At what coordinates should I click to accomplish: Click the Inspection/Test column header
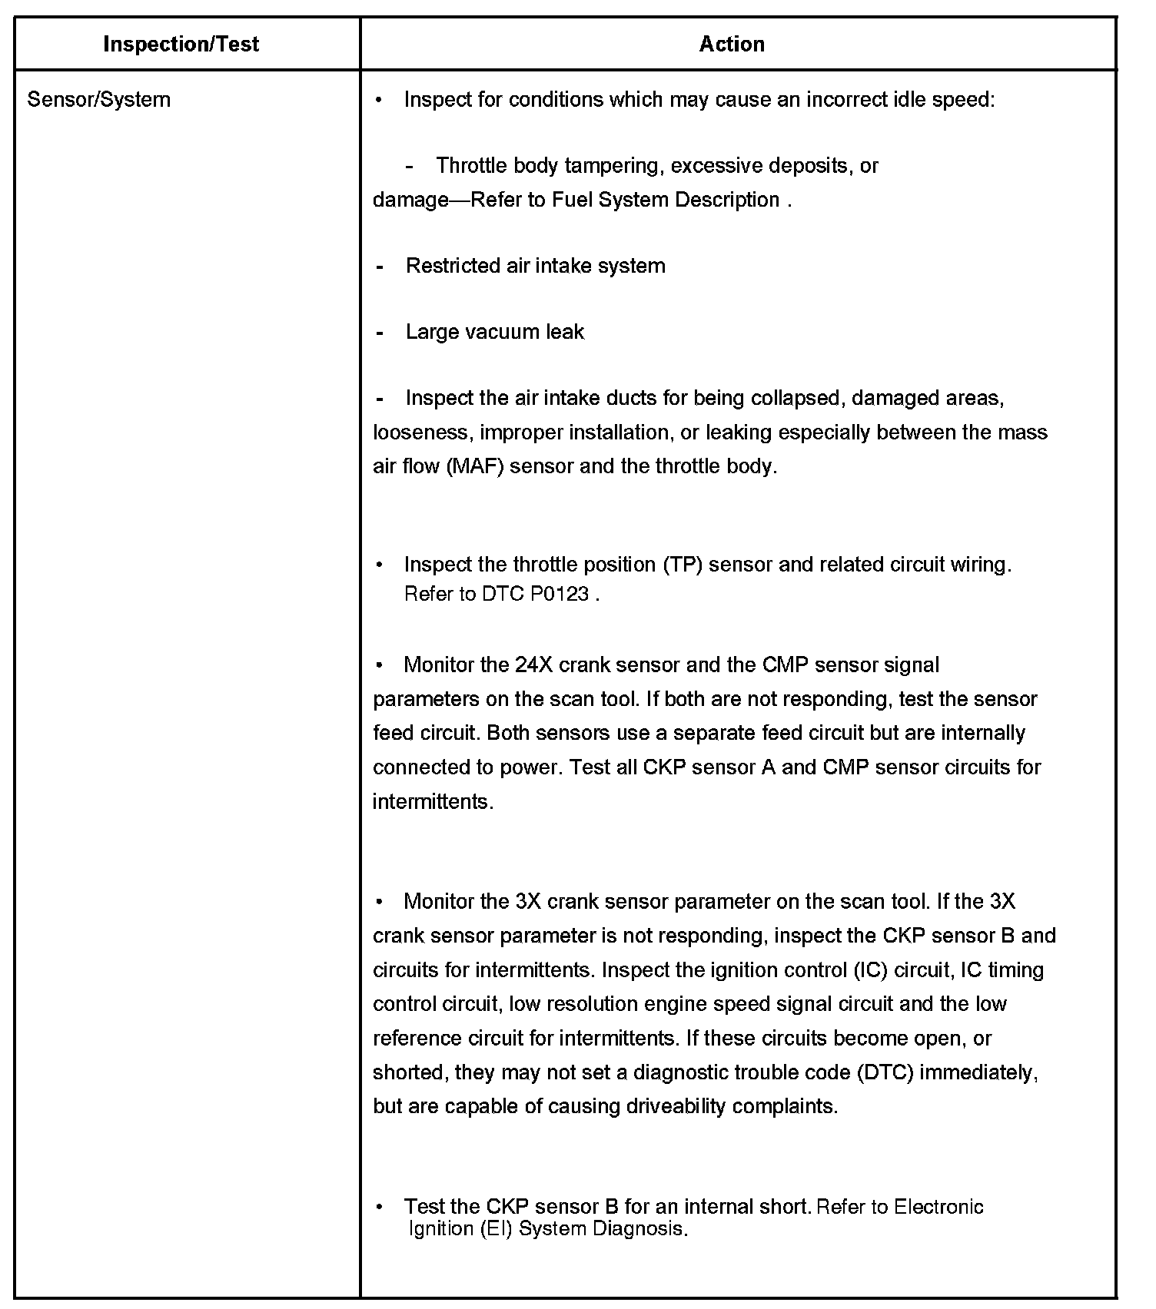point(181,44)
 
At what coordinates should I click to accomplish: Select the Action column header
point(731,44)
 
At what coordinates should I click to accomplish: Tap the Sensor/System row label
point(98,99)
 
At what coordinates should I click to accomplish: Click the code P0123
point(560,594)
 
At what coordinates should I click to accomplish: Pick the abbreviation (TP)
point(682,565)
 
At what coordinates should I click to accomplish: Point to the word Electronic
point(938,1207)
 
